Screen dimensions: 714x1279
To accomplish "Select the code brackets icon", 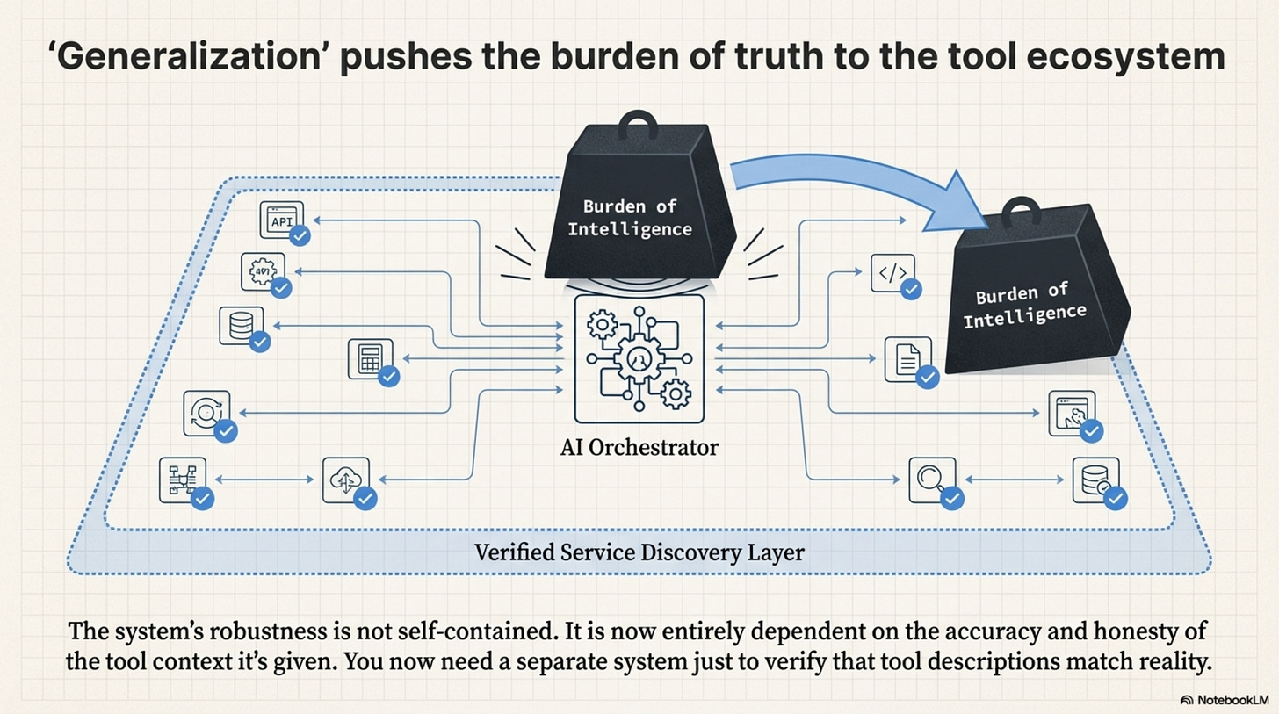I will click(891, 272).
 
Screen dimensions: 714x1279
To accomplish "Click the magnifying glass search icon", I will click(929, 479).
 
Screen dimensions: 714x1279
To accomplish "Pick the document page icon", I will click(907, 358).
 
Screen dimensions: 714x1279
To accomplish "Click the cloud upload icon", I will click(343, 479).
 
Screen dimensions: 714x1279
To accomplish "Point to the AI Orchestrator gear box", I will click(639, 359).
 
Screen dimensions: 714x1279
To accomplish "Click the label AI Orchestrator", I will click(639, 448).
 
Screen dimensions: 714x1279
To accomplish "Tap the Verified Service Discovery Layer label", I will click(639, 553).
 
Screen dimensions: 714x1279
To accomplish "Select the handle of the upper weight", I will click(638, 125).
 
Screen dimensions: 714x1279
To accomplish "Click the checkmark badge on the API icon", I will click(300, 235).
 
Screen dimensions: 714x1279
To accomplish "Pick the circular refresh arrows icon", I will click(206, 413).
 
